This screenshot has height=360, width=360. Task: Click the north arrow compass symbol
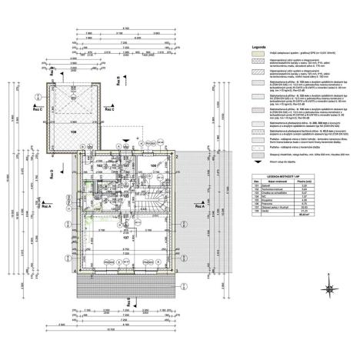pos(329,289)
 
